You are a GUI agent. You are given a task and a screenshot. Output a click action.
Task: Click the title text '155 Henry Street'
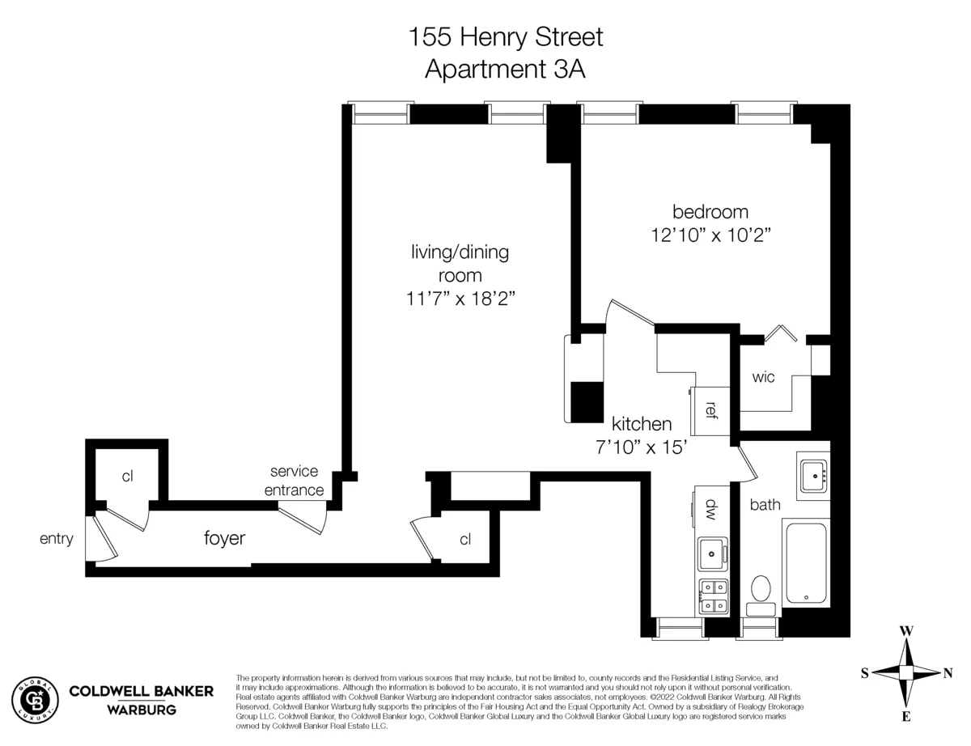click(x=506, y=37)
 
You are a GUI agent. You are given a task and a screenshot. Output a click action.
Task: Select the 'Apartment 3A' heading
click(x=506, y=69)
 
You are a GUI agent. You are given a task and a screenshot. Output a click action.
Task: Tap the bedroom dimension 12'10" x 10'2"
click(x=710, y=235)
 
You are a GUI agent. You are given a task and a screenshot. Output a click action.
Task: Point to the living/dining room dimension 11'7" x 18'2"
click(x=460, y=298)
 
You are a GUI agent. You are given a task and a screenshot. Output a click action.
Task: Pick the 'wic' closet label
click(x=763, y=378)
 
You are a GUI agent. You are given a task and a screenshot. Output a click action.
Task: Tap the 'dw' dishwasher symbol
click(x=711, y=509)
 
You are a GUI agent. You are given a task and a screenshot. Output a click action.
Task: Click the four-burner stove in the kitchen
click(x=712, y=596)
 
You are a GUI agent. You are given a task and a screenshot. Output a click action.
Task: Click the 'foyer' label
click(x=224, y=539)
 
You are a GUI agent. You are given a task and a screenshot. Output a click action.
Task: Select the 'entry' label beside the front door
click(x=56, y=539)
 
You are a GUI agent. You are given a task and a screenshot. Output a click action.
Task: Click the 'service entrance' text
click(x=296, y=481)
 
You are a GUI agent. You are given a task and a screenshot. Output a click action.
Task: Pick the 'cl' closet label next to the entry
click(x=127, y=476)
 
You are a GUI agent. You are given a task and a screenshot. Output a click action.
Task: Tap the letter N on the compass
click(x=948, y=672)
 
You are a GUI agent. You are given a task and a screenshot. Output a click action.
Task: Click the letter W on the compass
click(x=907, y=630)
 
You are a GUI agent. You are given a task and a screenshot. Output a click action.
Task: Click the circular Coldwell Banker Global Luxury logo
click(x=36, y=699)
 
